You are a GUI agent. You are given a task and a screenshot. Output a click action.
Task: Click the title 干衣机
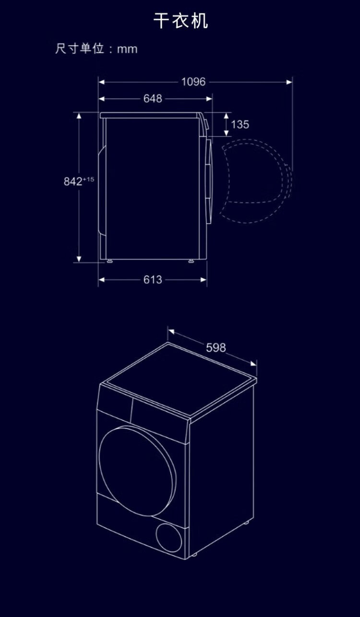point(180,21)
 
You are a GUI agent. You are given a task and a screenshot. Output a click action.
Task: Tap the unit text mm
point(127,49)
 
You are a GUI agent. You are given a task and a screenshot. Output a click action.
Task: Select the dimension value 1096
point(193,82)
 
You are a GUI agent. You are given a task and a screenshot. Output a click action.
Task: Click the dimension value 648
point(153,98)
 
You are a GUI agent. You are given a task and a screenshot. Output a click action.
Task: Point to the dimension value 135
point(240,124)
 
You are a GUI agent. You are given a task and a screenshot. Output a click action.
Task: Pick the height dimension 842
point(73,181)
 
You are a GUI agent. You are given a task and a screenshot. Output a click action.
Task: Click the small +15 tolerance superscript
point(88,179)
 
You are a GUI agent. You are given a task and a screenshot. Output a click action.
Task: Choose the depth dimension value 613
point(153,280)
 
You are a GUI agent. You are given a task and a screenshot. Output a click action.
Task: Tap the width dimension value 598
point(216,348)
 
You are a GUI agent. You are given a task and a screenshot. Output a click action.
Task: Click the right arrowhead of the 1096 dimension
point(289,82)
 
